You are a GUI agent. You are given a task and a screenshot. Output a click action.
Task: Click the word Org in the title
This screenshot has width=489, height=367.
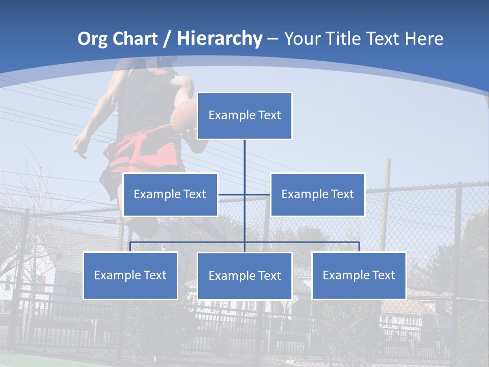pyautogui.click(x=92, y=39)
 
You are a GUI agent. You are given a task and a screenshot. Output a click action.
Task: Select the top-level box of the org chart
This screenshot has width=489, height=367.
pyautogui.click(x=244, y=116)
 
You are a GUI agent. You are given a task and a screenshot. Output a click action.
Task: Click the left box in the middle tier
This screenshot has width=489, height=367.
pyautogui.click(x=170, y=194)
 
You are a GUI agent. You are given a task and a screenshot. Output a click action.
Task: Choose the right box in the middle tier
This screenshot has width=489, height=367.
pyautogui.click(x=317, y=194)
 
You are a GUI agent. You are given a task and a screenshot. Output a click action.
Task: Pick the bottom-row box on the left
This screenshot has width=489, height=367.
pyautogui.click(x=130, y=275)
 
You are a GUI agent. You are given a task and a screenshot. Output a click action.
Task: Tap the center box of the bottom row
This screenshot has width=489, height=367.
pyautogui.click(x=244, y=276)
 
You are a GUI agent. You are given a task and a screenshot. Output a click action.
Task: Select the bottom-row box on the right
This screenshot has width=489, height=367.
pyautogui.click(x=359, y=275)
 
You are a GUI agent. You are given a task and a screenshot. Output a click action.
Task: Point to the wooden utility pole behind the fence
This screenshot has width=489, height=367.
pyautogui.click(x=386, y=194)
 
